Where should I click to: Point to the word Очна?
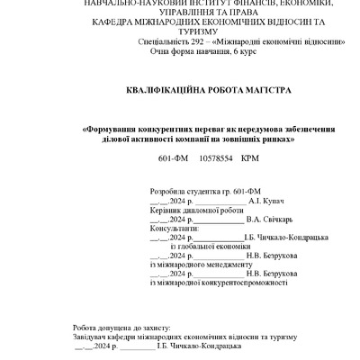(x=159, y=51)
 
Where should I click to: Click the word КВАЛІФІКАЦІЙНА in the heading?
(x=157, y=94)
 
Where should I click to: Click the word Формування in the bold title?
(x=108, y=129)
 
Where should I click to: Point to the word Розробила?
(x=166, y=192)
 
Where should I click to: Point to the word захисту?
(x=165, y=328)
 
